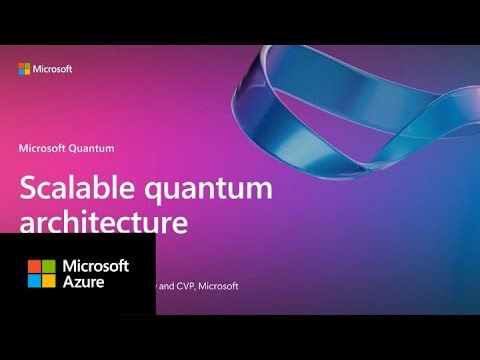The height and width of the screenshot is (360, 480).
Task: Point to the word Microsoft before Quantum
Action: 43,147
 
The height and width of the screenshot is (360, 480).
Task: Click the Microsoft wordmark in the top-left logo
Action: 52,69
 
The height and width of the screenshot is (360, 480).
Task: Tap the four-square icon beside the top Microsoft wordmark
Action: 24,69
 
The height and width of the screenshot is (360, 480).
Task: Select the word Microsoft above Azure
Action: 96,266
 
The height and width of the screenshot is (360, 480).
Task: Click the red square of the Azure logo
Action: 34,267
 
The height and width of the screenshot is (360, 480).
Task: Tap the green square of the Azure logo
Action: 48,267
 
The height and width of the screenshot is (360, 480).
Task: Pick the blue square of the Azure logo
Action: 34,281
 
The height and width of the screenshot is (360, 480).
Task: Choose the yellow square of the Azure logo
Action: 48,281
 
